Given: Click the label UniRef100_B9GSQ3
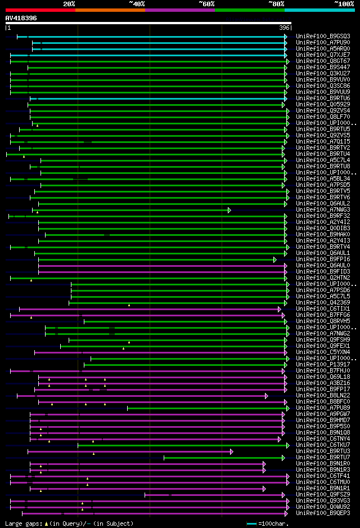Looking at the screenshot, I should tap(323, 36).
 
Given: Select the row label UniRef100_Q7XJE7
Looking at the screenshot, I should tap(323, 55).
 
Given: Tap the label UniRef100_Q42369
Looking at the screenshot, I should tap(323, 302).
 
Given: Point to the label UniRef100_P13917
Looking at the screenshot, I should tap(323, 364).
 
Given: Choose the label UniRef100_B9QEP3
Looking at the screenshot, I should tap(323, 513).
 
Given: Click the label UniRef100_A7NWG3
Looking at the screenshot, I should tap(323, 209).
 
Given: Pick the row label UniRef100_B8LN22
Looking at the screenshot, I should tap(323, 395).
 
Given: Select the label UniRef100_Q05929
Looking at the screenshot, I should tap(323, 104).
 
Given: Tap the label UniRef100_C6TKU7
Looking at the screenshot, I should tap(323, 445).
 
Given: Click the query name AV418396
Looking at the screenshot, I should tap(21, 18).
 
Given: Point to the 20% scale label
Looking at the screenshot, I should tap(69, 4).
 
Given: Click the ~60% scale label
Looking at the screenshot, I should tap(206, 4).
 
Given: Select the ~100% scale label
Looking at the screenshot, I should tap(344, 4).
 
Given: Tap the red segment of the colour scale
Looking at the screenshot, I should tap(40, 10).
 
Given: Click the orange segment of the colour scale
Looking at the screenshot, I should tap(110, 10).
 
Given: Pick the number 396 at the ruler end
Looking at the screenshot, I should tap(284, 28).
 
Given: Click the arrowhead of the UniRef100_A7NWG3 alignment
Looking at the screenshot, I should tap(229, 210).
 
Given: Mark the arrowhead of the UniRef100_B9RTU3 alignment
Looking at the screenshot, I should tap(231, 451).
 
